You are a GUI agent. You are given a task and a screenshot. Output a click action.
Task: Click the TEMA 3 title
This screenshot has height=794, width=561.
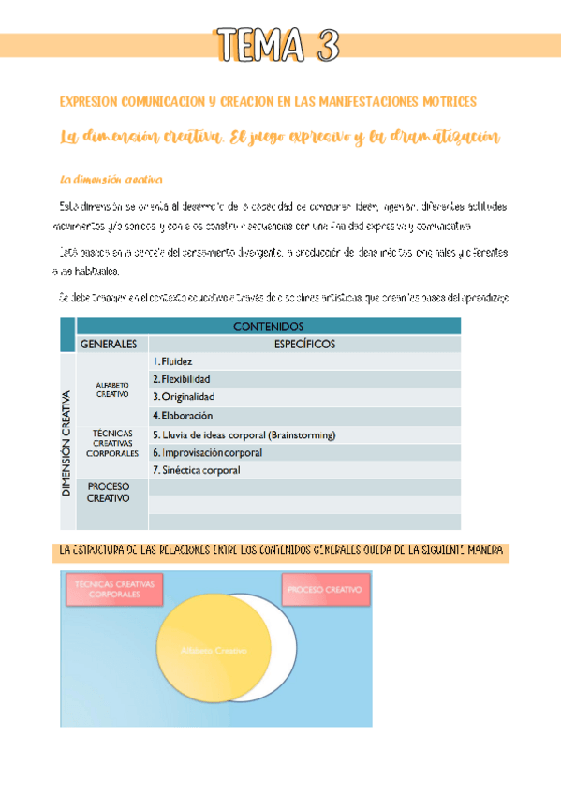click(x=276, y=44)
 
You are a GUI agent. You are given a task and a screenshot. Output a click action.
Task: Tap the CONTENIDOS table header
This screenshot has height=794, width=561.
click(x=267, y=326)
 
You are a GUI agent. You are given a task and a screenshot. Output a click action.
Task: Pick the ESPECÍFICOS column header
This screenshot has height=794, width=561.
click(x=304, y=344)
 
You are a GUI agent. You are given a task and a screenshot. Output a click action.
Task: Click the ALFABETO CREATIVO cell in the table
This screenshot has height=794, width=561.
click(x=111, y=388)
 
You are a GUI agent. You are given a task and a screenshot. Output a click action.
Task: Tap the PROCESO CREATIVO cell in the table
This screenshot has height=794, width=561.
click(x=109, y=493)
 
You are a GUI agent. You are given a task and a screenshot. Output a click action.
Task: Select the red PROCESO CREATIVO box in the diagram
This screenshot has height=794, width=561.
click(x=325, y=590)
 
